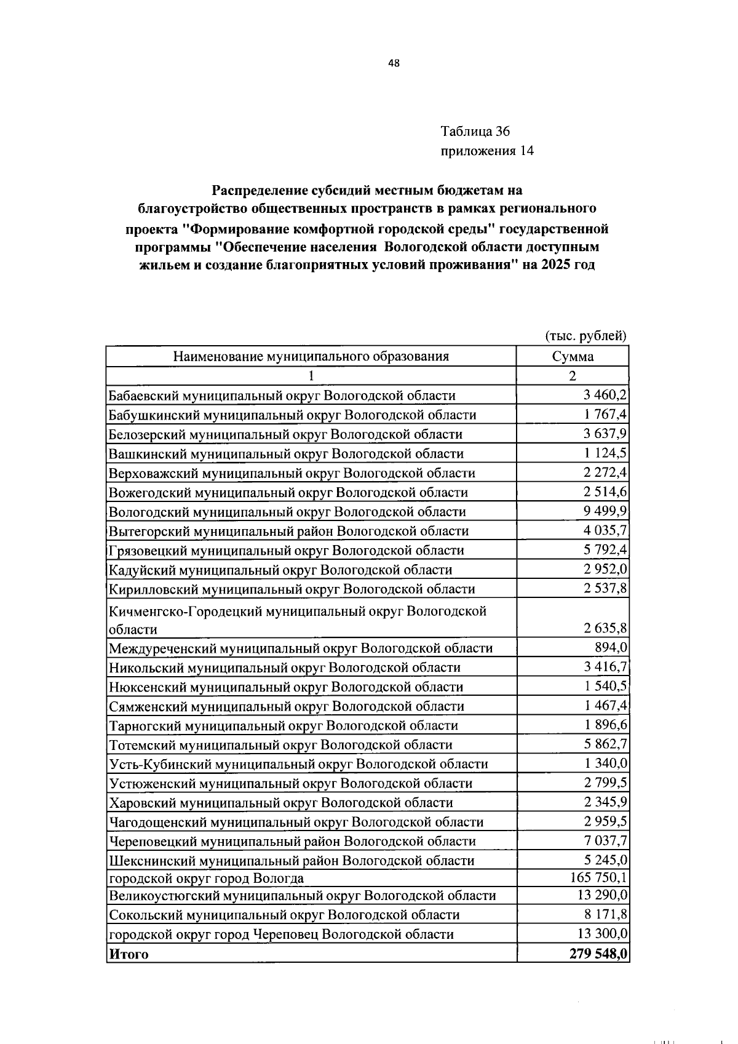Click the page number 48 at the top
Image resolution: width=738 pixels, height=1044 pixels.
(x=394, y=63)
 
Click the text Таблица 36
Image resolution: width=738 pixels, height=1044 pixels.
(x=475, y=131)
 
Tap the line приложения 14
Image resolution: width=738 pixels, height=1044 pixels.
(x=486, y=151)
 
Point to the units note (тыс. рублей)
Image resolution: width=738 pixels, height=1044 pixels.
(x=585, y=336)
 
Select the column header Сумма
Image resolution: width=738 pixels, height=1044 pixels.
(x=573, y=356)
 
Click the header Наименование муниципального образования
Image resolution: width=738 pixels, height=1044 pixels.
(x=311, y=356)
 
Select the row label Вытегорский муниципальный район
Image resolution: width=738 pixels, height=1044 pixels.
(x=288, y=531)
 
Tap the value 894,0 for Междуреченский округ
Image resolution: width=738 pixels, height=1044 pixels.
(x=611, y=647)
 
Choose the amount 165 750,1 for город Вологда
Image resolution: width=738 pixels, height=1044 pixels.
(x=599, y=877)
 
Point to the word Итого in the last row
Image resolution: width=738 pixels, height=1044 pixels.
(x=129, y=954)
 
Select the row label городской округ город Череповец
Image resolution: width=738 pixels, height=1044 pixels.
(x=281, y=934)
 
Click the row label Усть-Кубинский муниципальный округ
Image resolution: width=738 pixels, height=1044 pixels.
(x=298, y=764)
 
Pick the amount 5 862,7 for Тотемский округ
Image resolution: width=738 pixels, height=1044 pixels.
(x=605, y=744)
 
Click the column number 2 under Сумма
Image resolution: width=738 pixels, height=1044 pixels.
(x=573, y=376)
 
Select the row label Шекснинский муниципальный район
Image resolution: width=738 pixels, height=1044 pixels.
(x=292, y=861)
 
